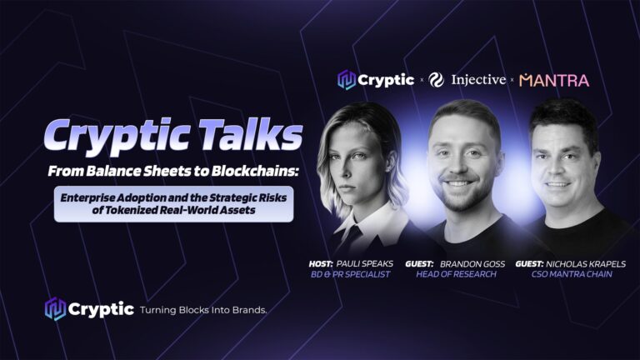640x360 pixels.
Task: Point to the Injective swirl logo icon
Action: [436, 80]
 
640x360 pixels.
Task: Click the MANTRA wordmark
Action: [554, 80]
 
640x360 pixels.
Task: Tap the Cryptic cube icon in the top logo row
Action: [347, 80]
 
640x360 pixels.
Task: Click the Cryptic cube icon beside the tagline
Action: [55, 308]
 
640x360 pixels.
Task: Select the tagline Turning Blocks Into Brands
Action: [203, 310]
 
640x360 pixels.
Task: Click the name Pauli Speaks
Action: [364, 264]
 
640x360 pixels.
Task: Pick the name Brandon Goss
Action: [472, 264]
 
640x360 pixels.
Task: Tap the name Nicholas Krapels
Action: [586, 264]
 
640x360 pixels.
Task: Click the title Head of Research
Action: [456, 274]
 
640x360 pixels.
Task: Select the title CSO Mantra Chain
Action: [572, 274]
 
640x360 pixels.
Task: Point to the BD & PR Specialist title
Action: [350, 274]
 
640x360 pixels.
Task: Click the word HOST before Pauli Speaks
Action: [321, 264]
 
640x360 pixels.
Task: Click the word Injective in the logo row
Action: [478, 80]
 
